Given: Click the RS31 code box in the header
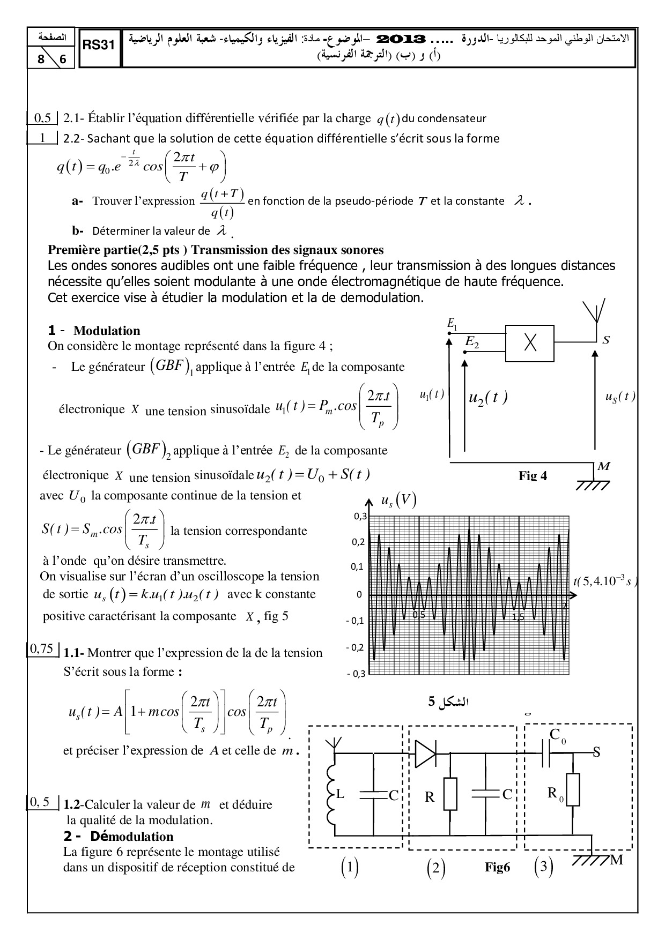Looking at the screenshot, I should pyautogui.click(x=99, y=47).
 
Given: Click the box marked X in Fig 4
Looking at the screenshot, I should pyautogui.click(x=530, y=344).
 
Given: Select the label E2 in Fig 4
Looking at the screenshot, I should pyautogui.click(x=472, y=341).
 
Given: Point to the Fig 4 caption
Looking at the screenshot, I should pyautogui.click(x=533, y=476).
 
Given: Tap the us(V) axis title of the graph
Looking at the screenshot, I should pyautogui.click(x=397, y=501).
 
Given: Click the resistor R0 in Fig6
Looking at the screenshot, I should pyautogui.click(x=573, y=789).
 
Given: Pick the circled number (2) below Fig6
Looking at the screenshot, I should pyautogui.click(x=435, y=868).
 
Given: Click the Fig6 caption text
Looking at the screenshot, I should pyautogui.click(x=497, y=868).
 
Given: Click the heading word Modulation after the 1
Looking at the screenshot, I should pyautogui.click(x=107, y=331).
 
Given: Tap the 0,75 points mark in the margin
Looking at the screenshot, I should pyautogui.click(x=41, y=649).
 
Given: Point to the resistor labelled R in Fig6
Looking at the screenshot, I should pyautogui.click(x=450, y=794).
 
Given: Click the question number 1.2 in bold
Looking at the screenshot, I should pyautogui.click(x=72, y=804).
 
